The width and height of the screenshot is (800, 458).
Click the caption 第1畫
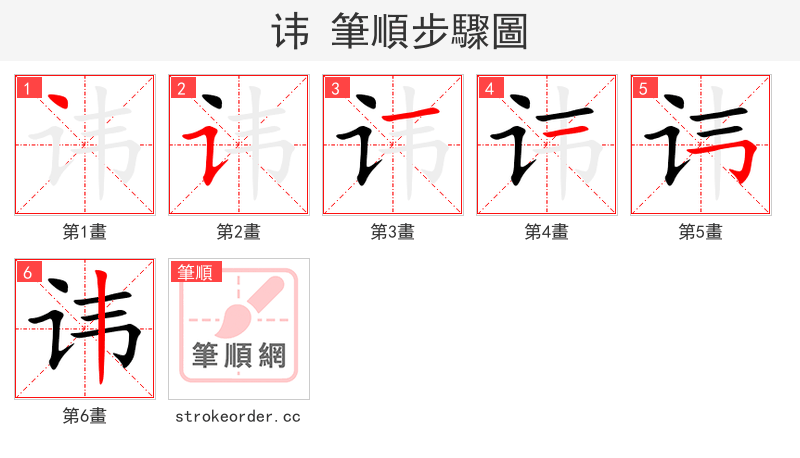[85, 232]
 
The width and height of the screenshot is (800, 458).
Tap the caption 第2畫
[239, 232]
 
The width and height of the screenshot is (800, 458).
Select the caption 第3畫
[393, 232]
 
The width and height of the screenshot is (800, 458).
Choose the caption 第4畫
[547, 232]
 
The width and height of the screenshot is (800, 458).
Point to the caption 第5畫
[701, 232]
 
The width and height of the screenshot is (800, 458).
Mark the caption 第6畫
[85, 416]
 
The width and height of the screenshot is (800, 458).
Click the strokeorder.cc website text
[238, 416]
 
